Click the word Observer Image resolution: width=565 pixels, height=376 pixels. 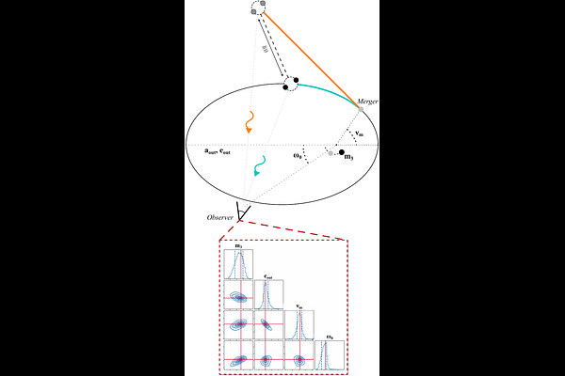point(219,217)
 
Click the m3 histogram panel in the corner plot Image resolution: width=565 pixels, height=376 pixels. point(238,265)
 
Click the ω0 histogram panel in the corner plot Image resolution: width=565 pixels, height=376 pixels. point(329,354)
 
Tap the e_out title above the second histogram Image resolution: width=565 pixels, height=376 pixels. point(268,276)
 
